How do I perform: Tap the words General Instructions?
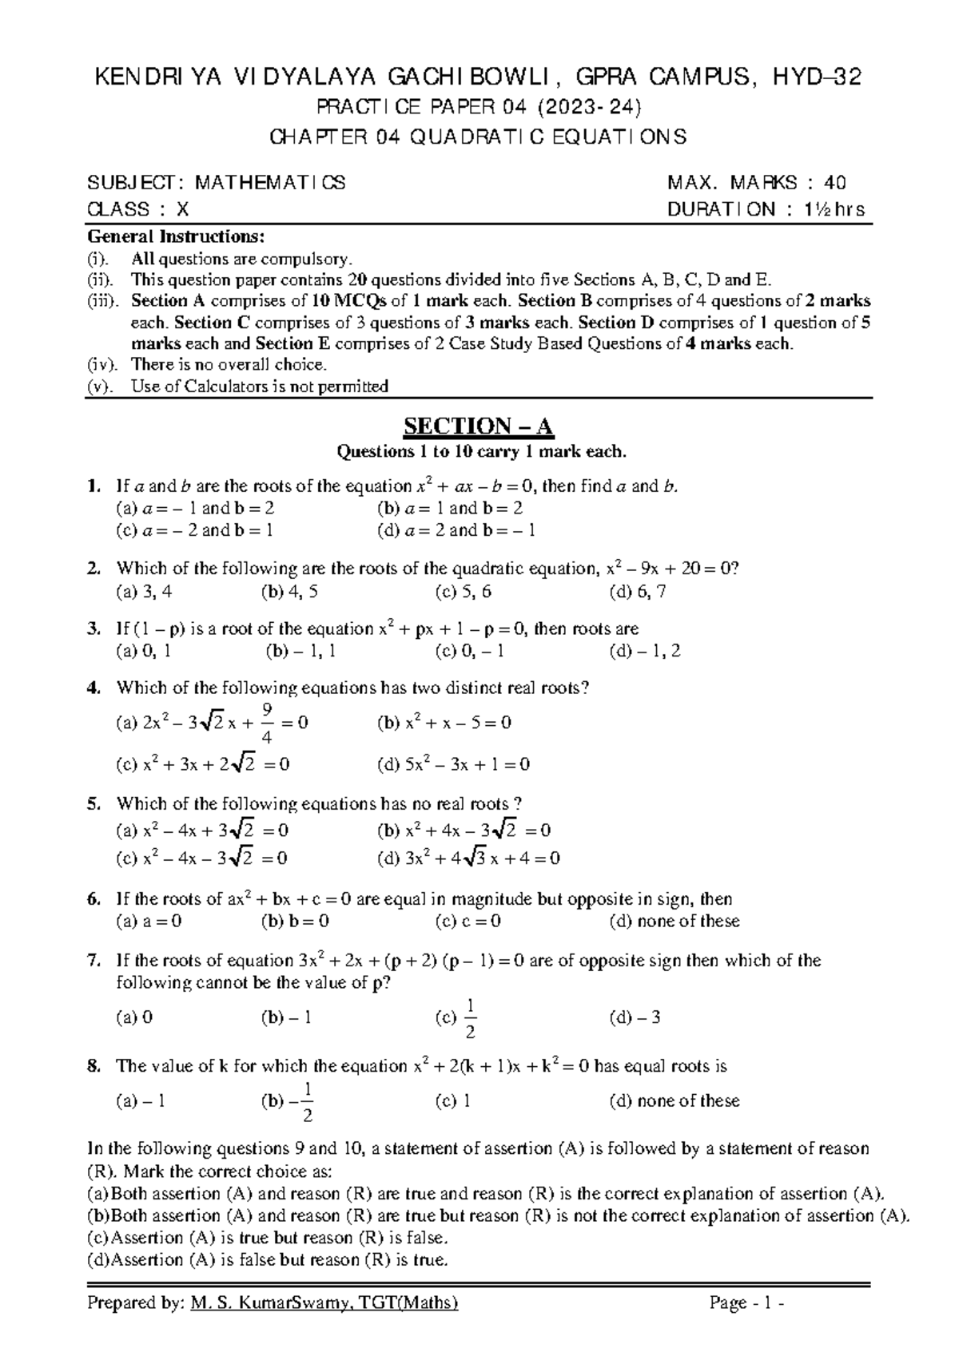[174, 237]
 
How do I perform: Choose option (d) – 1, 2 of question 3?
[644, 651]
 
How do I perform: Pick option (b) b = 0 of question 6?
[295, 921]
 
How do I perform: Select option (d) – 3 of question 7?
[635, 1017]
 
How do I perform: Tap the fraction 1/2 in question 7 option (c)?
[470, 1018]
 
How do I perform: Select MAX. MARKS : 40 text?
[757, 183]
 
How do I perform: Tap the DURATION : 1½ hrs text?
[766, 209]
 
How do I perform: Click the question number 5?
[94, 803]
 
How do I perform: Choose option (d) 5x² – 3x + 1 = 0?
[453, 764]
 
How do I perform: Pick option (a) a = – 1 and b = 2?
[196, 508]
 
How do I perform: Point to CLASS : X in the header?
[137, 209]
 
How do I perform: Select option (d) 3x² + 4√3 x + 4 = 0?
[468, 858]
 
